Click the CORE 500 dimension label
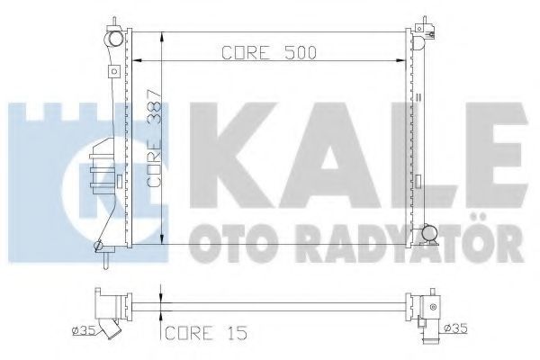(268, 53)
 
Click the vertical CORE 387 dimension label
(154, 139)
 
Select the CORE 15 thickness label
(206, 333)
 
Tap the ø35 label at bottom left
(83, 330)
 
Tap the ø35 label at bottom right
(456, 328)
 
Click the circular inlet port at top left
(115, 39)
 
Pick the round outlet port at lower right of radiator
(429, 232)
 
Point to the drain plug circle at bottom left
(98, 246)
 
